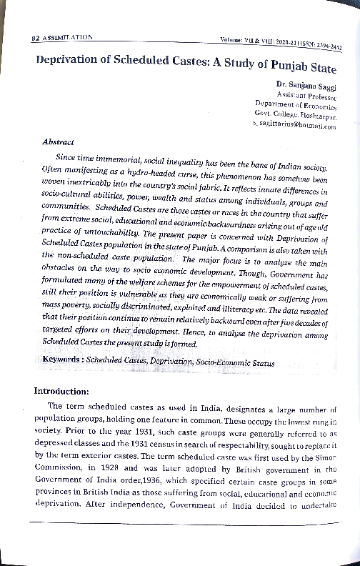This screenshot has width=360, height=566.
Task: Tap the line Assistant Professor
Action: pyautogui.click(x=306, y=95)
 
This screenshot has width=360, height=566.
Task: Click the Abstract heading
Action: pyautogui.click(x=59, y=141)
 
